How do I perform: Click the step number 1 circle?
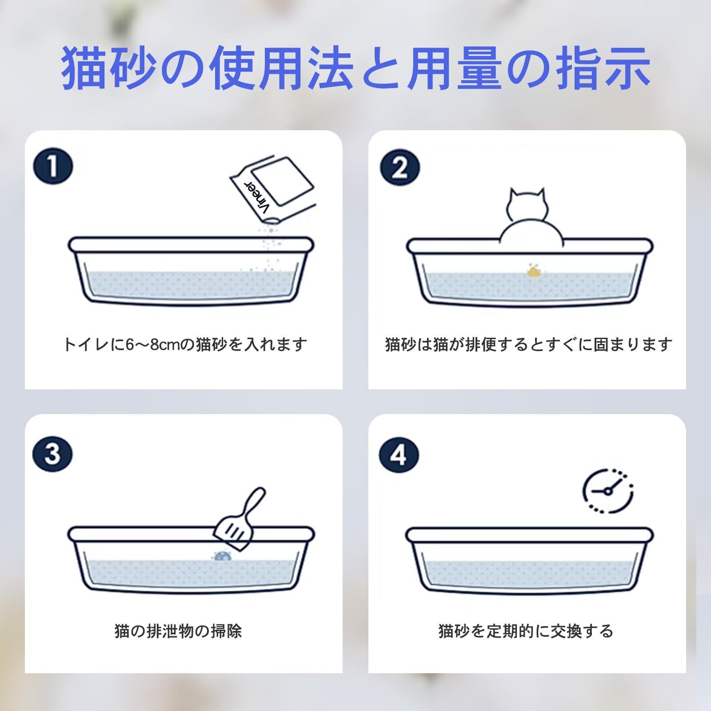(52, 167)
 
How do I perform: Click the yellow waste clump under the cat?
(532, 270)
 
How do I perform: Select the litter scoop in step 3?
(241, 519)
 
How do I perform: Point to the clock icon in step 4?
(608, 491)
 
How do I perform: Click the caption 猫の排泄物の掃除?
(178, 631)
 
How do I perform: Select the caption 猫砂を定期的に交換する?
(526, 631)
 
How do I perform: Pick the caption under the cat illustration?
(529, 344)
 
